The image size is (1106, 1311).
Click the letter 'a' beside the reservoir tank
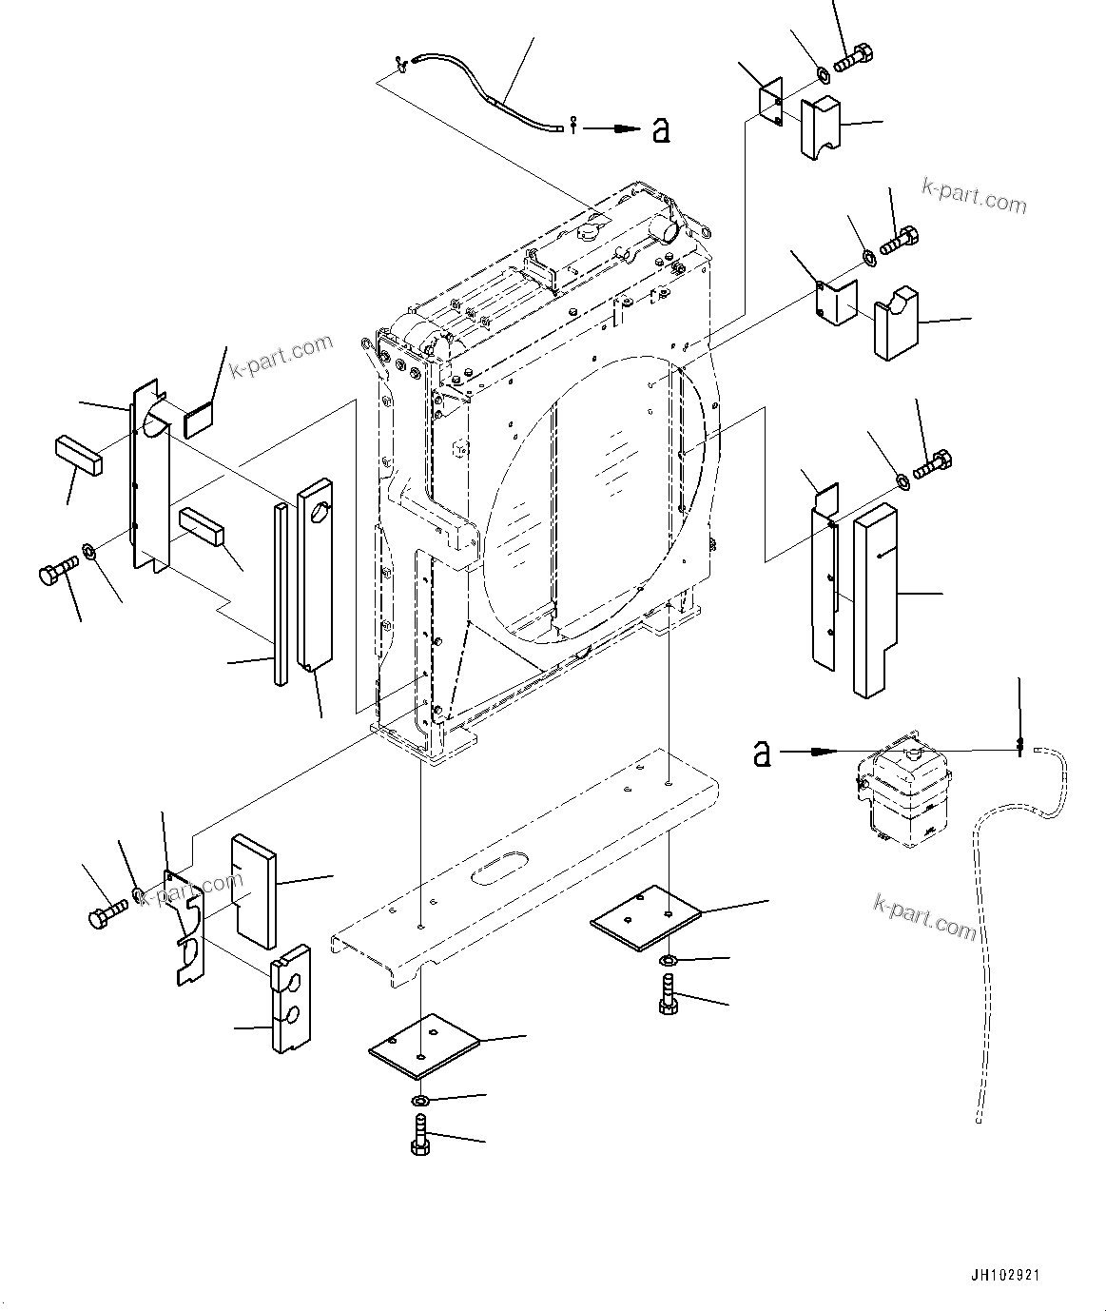pyautogui.click(x=762, y=754)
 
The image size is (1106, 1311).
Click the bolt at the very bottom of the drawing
pyautogui.click(x=419, y=1136)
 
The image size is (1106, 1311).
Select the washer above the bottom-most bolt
pyautogui.click(x=420, y=1101)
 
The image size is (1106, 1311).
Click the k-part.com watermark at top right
pyautogui.click(x=974, y=197)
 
